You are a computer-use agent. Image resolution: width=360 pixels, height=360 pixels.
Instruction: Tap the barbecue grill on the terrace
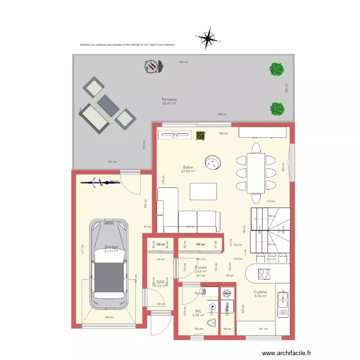pyautogui.click(x=152, y=66)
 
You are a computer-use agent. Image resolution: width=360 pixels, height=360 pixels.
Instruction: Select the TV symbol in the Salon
pyautogui.click(x=175, y=135)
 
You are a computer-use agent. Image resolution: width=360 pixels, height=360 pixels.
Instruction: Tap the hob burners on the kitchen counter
pyautogui.click(x=264, y=274)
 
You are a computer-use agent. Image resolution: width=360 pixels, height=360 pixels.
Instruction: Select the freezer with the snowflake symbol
pyautogui.click(x=227, y=292)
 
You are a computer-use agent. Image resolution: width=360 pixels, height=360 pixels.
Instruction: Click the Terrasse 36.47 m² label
pyautogui.click(x=169, y=101)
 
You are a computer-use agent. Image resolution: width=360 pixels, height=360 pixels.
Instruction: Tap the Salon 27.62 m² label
pyautogui.click(x=188, y=169)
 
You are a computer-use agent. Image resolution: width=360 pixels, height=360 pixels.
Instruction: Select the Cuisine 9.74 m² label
pyautogui.click(x=260, y=294)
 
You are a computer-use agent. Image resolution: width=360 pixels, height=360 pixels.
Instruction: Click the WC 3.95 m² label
pyautogui.click(x=198, y=313)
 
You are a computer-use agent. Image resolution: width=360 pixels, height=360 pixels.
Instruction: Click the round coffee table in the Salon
pyautogui.click(x=212, y=163)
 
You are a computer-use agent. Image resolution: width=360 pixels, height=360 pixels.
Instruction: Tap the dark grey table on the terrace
pyautogui.click(x=108, y=105)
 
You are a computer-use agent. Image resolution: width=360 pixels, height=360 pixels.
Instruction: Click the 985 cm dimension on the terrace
pyautogui.click(x=183, y=62)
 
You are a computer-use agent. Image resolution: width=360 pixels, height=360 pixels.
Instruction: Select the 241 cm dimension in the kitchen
pyautogui.click(x=263, y=329)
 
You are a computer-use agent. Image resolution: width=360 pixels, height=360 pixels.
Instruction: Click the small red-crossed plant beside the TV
pyautogui.click(x=200, y=136)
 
